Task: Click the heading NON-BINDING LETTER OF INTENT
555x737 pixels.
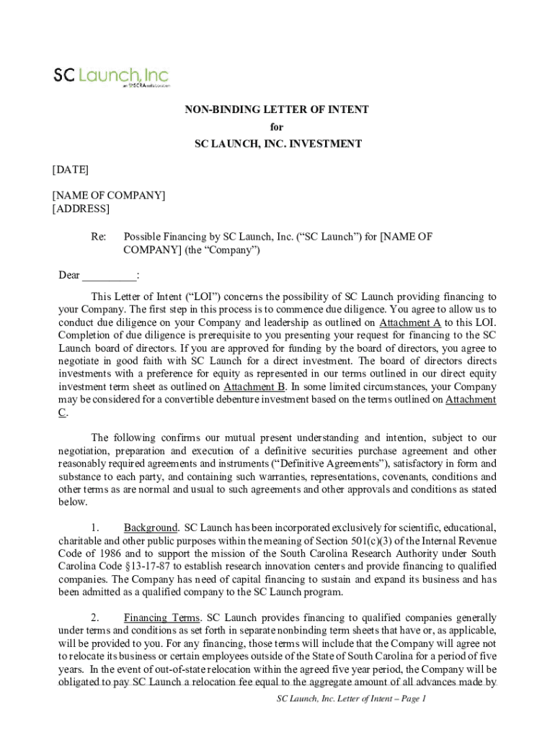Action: [x=277, y=110]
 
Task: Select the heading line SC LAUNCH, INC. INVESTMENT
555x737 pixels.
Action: [x=277, y=144]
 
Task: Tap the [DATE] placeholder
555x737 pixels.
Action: [x=71, y=169]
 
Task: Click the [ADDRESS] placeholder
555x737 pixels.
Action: [x=81, y=209]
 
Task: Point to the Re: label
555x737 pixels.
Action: [x=99, y=236]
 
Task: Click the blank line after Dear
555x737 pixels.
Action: [x=109, y=275]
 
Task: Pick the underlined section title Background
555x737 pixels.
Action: [x=151, y=528]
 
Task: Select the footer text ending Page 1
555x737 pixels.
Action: [x=352, y=699]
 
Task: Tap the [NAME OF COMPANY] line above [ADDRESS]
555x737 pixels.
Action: [x=109, y=196]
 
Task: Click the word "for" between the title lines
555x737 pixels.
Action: [x=277, y=127]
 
